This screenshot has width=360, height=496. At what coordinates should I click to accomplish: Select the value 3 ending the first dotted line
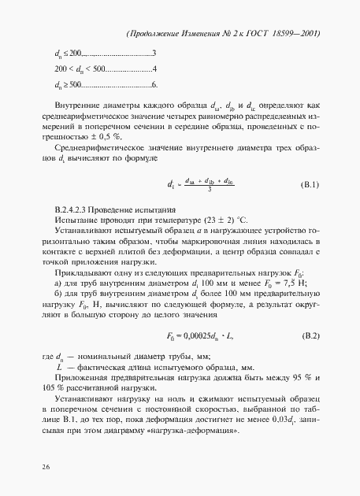pos(154,54)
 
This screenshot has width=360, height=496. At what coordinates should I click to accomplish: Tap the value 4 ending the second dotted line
pos(154,68)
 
